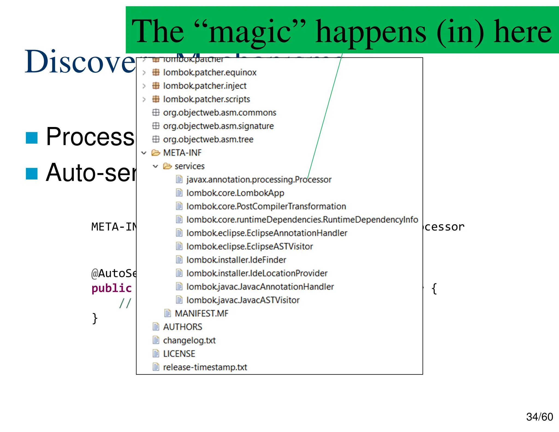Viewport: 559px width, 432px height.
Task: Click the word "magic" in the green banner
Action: point(250,32)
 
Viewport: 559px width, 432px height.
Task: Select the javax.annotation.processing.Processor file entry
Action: point(258,180)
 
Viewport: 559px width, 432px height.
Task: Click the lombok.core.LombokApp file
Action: point(235,193)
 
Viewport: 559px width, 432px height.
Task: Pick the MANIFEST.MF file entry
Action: point(201,313)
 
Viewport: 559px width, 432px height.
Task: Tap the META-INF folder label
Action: point(182,153)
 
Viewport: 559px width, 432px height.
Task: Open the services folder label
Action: point(189,166)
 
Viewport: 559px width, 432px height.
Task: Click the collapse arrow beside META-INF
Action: point(144,153)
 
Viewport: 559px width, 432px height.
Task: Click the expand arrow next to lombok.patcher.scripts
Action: point(144,99)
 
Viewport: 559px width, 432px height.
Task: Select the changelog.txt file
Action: point(189,340)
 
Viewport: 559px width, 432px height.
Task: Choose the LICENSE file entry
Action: point(179,354)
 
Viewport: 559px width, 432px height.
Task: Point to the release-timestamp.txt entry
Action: point(205,367)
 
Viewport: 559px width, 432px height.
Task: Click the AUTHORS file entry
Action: point(183,327)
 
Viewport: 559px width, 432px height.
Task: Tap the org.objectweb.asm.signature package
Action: point(218,126)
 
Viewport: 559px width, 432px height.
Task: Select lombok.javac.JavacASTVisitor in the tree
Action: point(243,300)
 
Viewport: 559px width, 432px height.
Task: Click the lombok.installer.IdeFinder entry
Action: point(236,260)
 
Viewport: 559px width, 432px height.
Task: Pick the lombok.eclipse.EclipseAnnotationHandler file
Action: point(267,233)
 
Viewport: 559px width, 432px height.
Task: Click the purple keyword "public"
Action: point(111,288)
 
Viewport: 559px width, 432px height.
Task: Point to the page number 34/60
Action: point(539,417)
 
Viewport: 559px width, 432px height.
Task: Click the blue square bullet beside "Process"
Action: point(32,138)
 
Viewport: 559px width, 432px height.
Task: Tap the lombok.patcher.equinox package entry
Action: point(210,72)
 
